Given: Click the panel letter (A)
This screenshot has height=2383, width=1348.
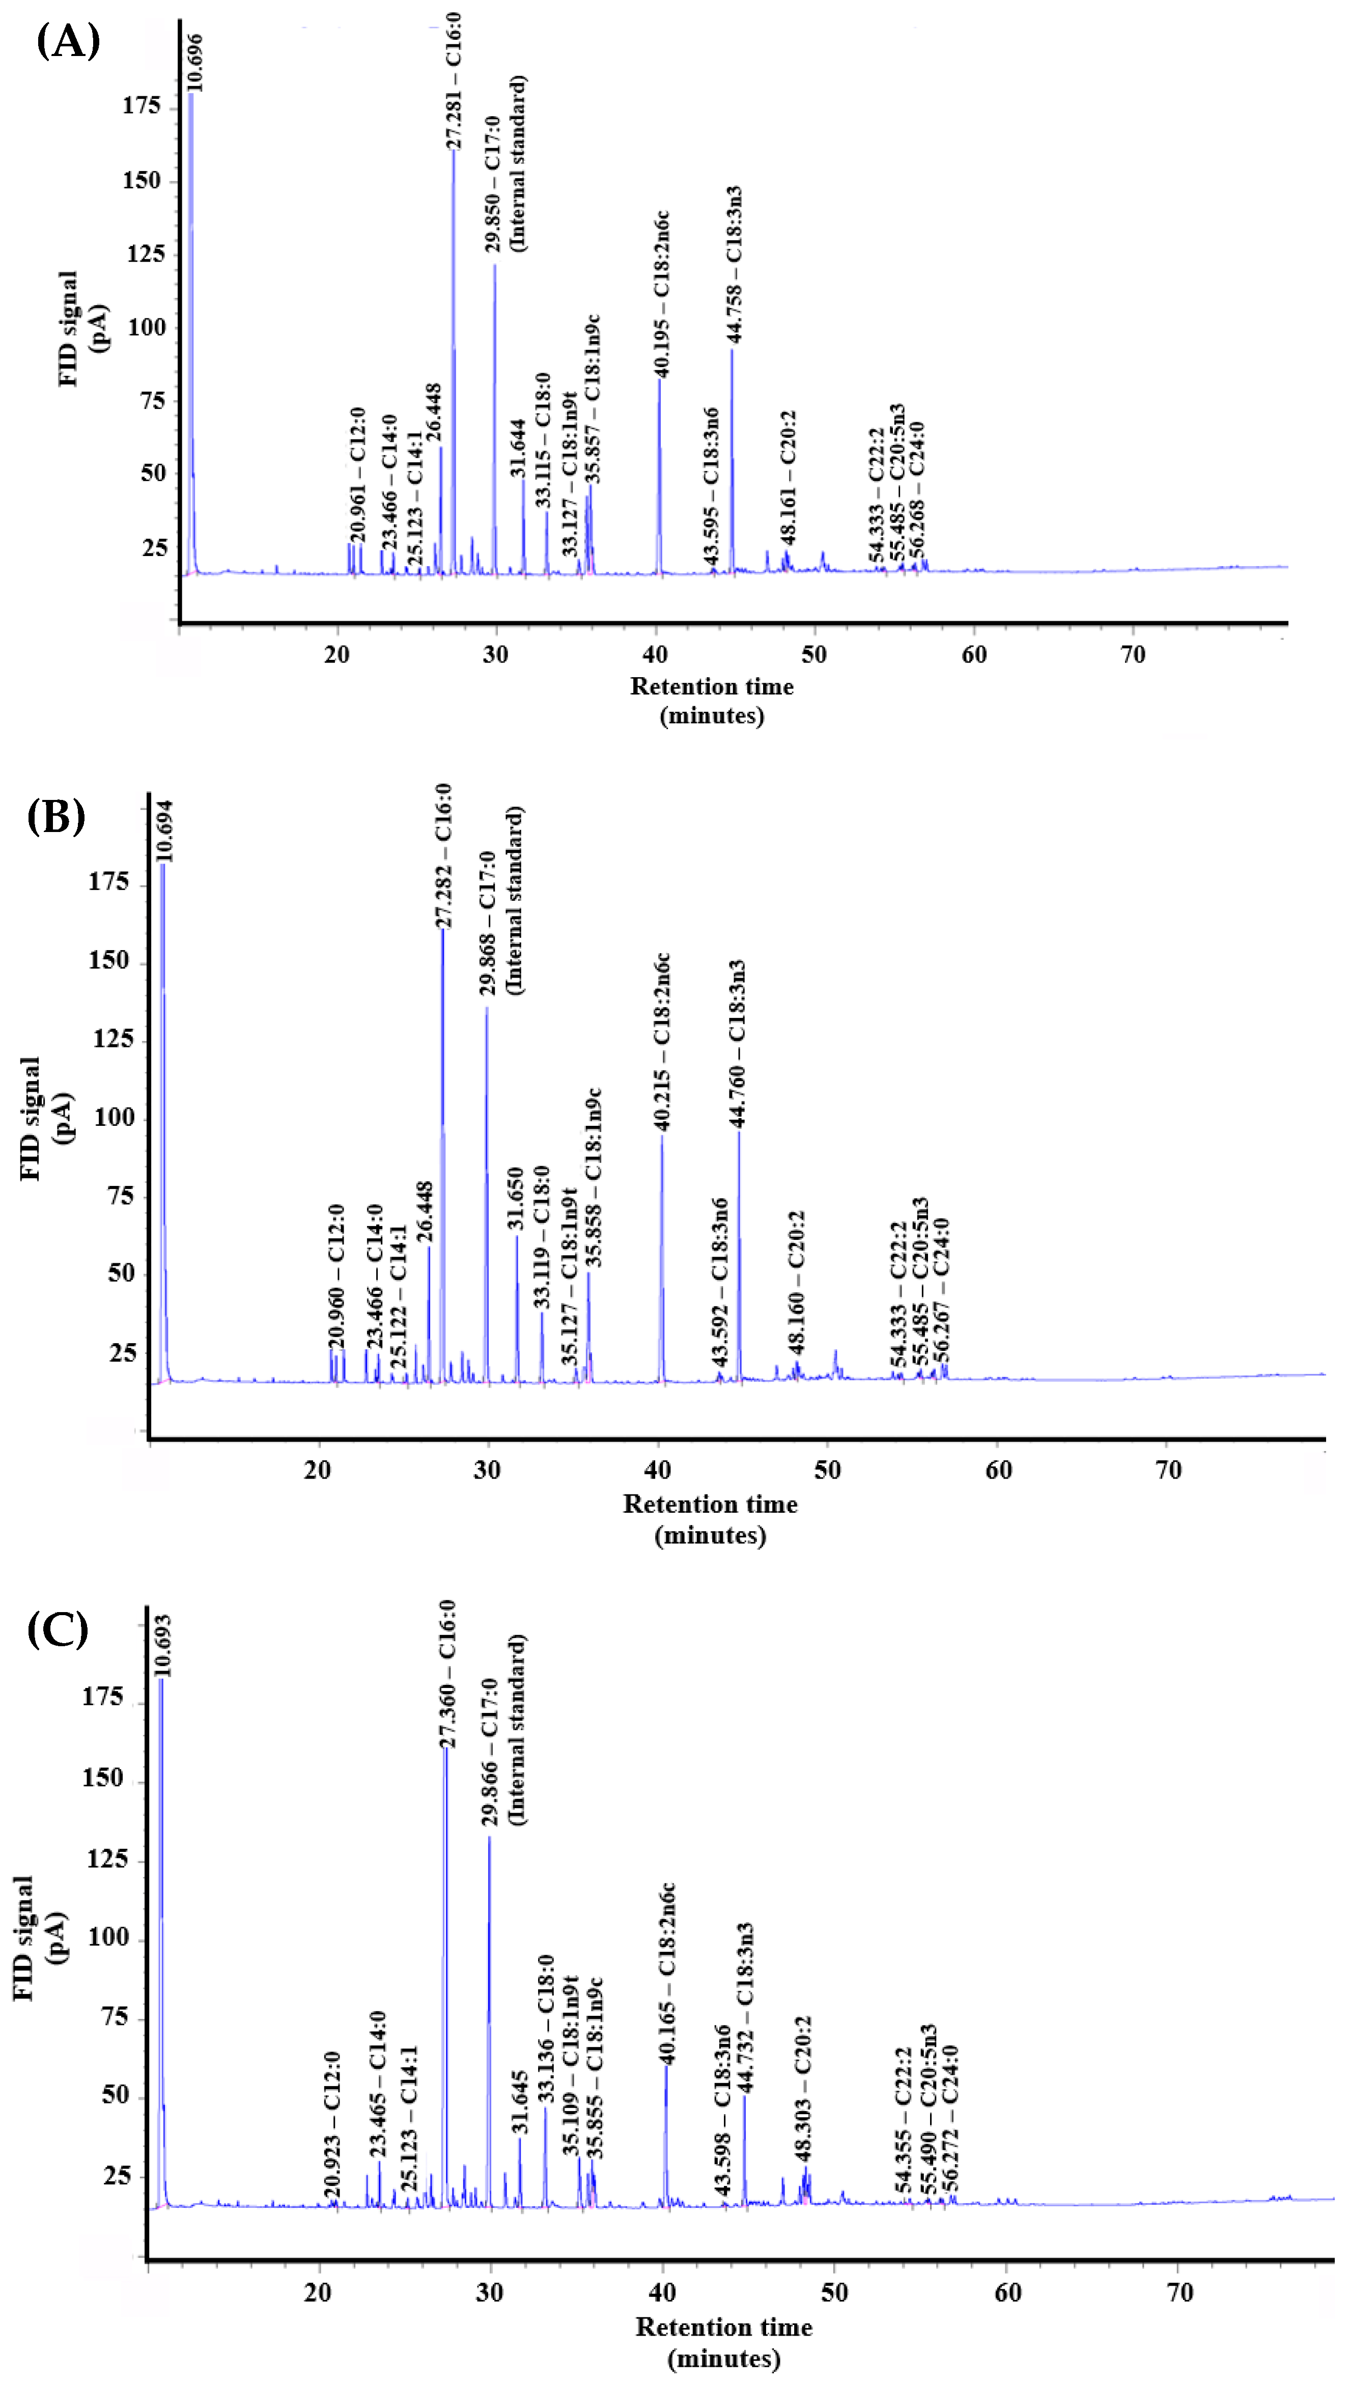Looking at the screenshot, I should (x=68, y=42).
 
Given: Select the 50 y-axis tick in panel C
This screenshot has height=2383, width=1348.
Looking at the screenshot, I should (x=116, y=2095).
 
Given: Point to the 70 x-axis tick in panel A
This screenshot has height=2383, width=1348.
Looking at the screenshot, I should (x=1133, y=654).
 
